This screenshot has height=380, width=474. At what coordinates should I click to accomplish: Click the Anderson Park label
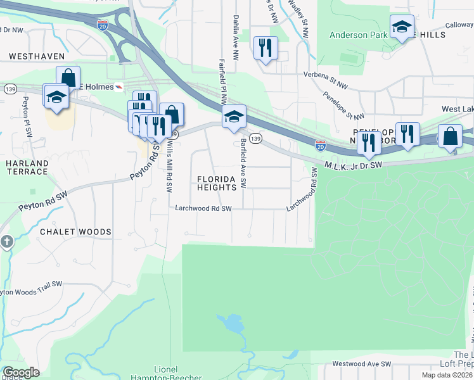click(x=357, y=35)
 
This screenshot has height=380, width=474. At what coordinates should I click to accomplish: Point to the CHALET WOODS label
click(x=75, y=232)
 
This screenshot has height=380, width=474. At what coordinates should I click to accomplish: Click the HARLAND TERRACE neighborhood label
click(x=27, y=167)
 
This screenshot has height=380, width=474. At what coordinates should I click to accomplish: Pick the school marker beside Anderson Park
click(x=402, y=27)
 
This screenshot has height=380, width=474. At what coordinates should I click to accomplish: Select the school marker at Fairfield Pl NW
click(x=234, y=116)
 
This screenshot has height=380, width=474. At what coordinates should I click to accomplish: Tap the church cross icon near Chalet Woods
click(x=7, y=241)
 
